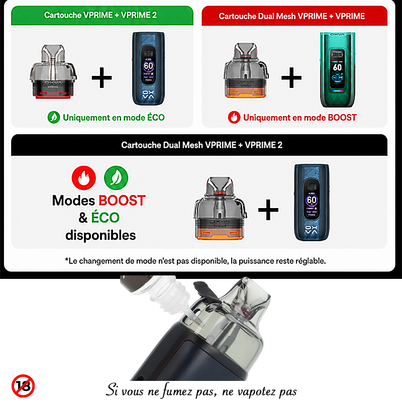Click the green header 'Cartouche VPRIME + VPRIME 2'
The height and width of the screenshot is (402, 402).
(102, 16)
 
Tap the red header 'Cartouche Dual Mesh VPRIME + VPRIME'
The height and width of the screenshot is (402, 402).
(294, 16)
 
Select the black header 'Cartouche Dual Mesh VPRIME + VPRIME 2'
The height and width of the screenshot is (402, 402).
(199, 145)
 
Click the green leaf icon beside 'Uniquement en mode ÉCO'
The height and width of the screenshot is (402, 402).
(54, 118)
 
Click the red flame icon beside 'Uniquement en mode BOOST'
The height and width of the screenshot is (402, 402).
(234, 118)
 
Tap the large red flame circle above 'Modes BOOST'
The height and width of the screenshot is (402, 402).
(84, 178)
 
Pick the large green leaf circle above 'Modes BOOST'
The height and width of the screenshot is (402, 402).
(116, 178)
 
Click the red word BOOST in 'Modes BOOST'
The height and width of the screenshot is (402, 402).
(122, 200)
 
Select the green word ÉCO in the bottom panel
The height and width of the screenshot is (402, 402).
(106, 218)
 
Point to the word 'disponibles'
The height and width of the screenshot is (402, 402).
(100, 235)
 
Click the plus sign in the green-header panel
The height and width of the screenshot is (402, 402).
(102, 77)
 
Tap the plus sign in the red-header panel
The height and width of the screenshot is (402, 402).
(291, 77)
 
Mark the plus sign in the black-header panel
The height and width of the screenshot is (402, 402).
(268, 210)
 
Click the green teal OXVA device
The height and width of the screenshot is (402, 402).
(337, 70)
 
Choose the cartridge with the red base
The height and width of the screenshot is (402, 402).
(53, 72)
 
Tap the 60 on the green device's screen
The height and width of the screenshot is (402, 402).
(337, 67)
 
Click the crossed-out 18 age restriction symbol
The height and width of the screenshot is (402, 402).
(23, 386)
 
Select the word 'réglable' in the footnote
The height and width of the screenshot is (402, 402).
(311, 261)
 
